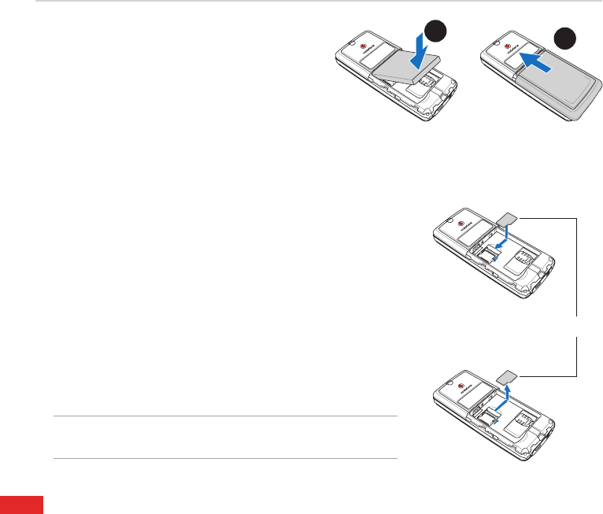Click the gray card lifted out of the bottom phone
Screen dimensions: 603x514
(x=508, y=375)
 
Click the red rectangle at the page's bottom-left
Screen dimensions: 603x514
(x=21, y=505)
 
